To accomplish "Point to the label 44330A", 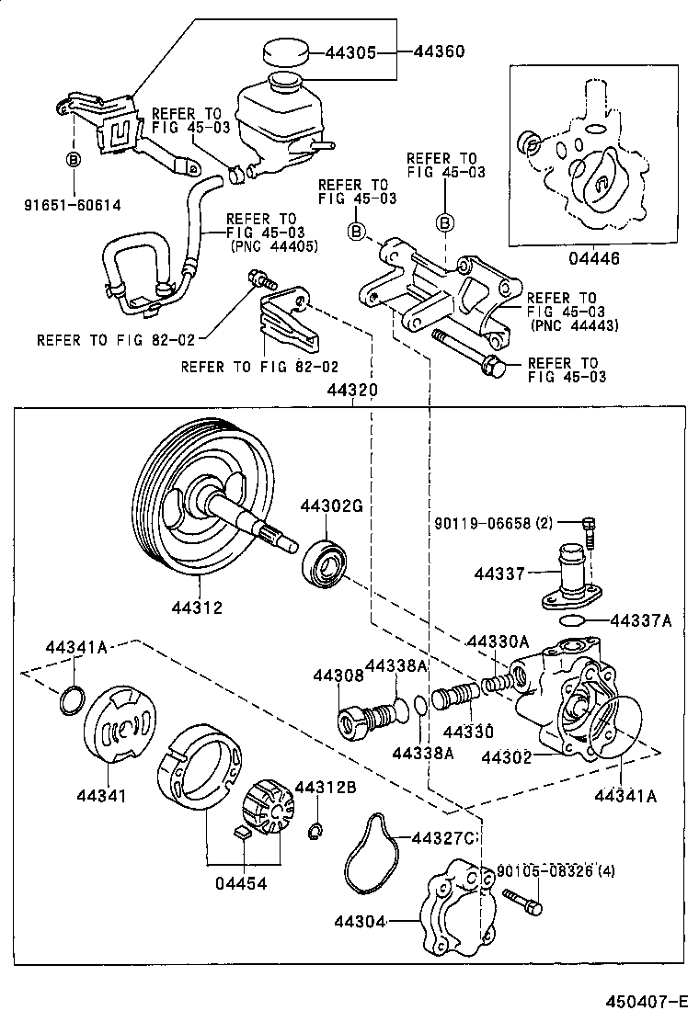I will point(497,642).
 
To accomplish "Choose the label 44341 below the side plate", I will point(101,795).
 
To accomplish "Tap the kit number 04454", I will point(241,883).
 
